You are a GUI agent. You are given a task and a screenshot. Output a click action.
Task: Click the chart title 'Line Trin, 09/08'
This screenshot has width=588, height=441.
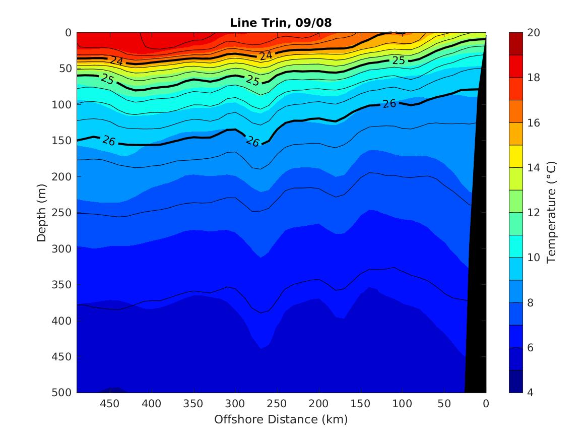pyautogui.click(x=281, y=23)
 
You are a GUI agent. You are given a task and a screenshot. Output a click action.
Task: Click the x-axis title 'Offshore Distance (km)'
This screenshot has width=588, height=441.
pyautogui.click(x=281, y=419)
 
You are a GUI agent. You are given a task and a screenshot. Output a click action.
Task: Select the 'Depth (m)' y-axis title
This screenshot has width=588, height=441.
pyautogui.click(x=42, y=212)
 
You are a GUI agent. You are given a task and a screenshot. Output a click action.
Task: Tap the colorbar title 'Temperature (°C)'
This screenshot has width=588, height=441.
pyautogui.click(x=551, y=212)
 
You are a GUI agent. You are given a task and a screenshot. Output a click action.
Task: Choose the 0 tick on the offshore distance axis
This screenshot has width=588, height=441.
pyautogui.click(x=486, y=404)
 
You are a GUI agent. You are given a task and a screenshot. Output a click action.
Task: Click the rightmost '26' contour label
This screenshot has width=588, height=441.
pyautogui.click(x=389, y=104)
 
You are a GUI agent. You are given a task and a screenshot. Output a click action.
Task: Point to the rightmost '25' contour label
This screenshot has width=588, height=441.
pyautogui.click(x=399, y=60)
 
